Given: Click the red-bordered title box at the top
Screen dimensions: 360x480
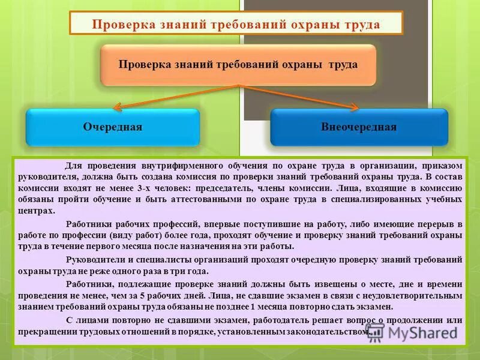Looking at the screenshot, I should pos(236,24).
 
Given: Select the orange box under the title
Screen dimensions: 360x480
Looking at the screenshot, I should pos(238,64).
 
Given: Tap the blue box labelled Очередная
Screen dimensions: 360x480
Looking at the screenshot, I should pos(112,127).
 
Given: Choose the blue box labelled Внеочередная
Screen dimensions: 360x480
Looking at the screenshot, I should pos(359,127).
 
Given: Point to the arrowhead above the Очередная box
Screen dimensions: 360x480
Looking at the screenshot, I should pos(118,108).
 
